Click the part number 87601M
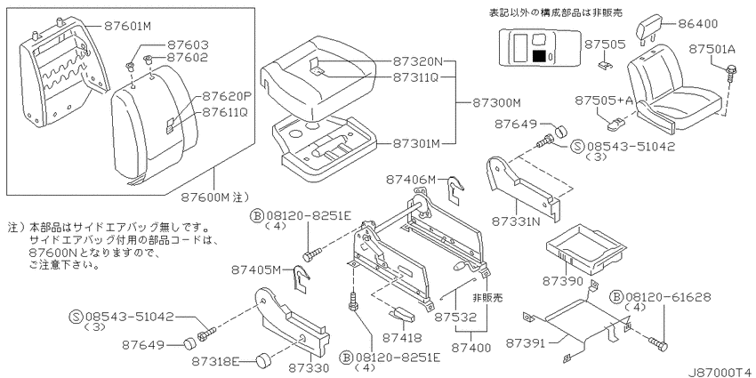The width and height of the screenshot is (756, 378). [x=128, y=26]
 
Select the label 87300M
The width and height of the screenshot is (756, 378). [x=496, y=102]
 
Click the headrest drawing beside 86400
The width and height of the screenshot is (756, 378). [x=648, y=31]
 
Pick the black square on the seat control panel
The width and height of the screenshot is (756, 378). [x=540, y=56]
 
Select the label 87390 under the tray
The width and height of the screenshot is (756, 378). [x=564, y=280]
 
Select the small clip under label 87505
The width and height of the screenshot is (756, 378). [x=604, y=64]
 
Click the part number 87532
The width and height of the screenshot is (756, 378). [x=455, y=318]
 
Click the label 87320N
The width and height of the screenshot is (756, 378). [x=417, y=61]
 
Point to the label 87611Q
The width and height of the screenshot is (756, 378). [x=224, y=112]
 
